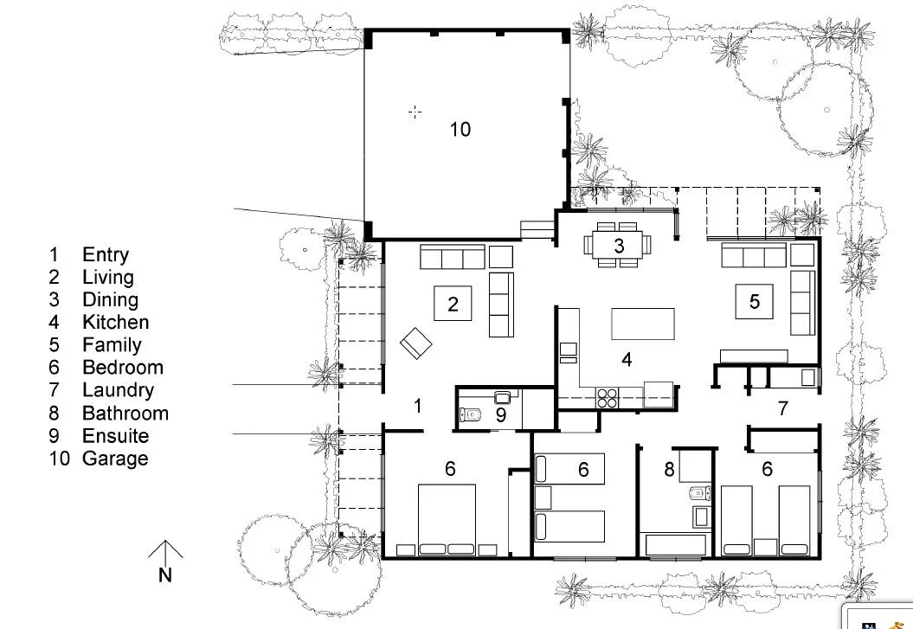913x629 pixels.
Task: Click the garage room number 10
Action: point(460,129)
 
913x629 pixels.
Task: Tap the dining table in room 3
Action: point(619,245)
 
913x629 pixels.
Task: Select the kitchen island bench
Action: point(643,324)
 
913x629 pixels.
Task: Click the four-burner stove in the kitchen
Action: point(608,397)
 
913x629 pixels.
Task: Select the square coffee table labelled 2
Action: point(453,303)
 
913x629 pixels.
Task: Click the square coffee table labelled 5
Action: point(755,301)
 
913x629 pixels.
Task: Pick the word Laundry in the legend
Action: point(118,390)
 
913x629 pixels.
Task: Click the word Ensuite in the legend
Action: point(115,436)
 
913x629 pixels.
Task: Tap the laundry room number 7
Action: point(783,408)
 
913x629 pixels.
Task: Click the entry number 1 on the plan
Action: point(418,405)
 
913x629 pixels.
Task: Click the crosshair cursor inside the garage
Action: point(415,112)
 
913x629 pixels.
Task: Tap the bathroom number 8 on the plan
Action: point(668,470)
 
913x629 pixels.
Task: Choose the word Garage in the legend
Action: point(115,459)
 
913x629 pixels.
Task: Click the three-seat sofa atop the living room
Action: point(452,258)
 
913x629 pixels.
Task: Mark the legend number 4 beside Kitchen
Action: point(55,323)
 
